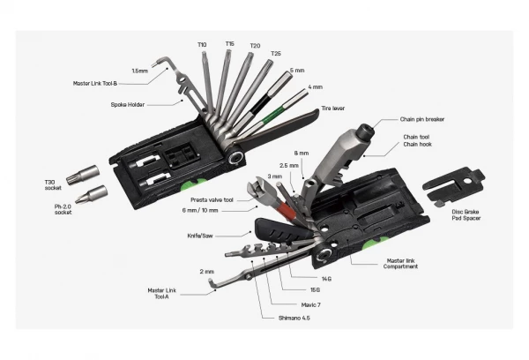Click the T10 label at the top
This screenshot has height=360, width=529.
click(202, 43)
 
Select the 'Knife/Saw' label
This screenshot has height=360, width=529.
click(200, 235)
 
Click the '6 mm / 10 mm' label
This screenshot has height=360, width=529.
click(200, 212)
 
